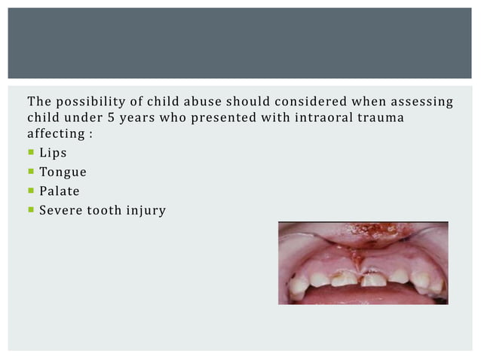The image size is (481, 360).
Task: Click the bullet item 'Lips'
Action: click(x=53, y=153)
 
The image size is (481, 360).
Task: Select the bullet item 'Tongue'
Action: click(x=63, y=172)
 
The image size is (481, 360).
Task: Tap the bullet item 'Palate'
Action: click(x=59, y=191)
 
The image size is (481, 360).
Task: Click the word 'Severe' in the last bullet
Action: click(x=62, y=210)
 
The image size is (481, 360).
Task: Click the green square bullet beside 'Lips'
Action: click(x=31, y=154)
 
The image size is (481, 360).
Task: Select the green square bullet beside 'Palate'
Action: click(x=31, y=191)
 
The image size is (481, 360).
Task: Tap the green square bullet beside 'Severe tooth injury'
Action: click(x=31, y=210)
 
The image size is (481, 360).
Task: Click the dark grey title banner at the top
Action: click(x=240, y=43)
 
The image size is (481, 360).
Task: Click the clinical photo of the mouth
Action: click(x=363, y=263)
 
